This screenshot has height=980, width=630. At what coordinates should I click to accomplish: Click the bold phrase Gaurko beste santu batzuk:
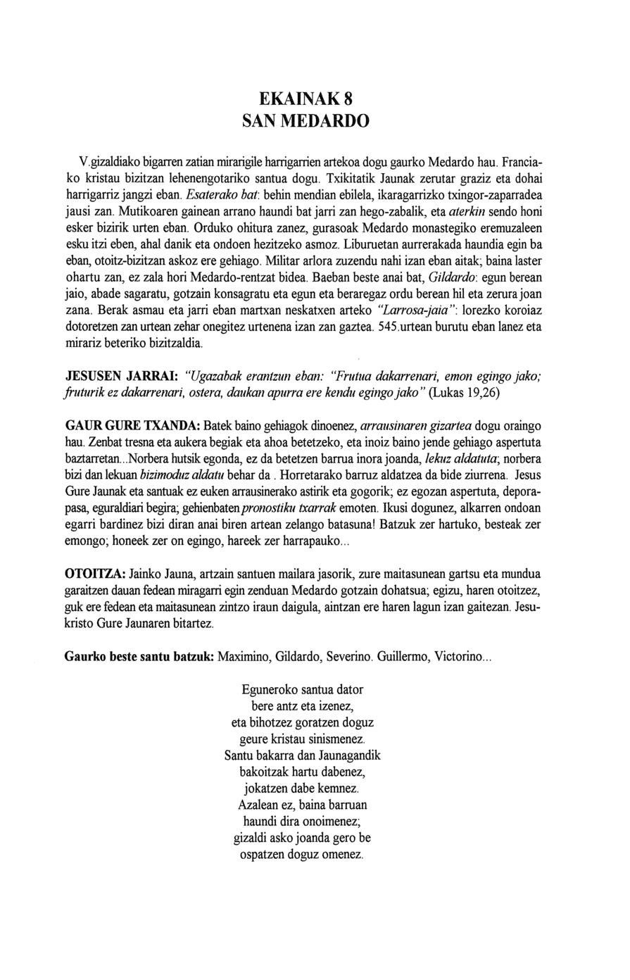(x=139, y=656)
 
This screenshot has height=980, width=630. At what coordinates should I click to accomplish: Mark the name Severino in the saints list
(x=347, y=656)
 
